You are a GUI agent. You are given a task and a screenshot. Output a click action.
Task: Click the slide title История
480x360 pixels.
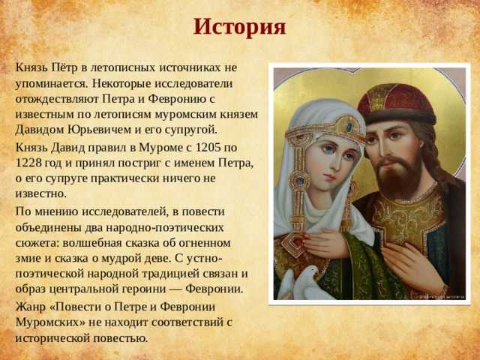pyautogui.click(x=240, y=27)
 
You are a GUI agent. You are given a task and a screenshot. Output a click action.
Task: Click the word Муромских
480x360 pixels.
pyautogui.click(x=46, y=322)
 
